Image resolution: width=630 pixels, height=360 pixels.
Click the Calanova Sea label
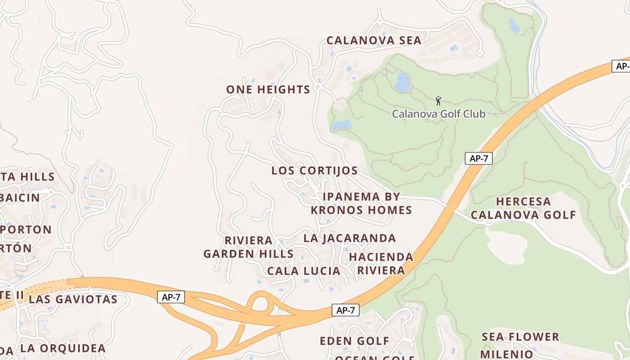click(373, 40)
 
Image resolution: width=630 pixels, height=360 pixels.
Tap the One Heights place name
click(268, 90)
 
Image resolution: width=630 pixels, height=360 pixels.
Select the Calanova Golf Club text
click(439, 114)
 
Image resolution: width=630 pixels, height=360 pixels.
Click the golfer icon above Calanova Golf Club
click(439, 100)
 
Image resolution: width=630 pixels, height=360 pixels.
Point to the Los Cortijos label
click(315, 171)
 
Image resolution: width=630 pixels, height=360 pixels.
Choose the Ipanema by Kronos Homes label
click(361, 203)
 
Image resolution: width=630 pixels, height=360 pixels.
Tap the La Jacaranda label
click(350, 238)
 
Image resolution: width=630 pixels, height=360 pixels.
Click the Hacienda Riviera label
click(381, 263)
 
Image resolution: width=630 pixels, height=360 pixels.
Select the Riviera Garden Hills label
click(248, 247)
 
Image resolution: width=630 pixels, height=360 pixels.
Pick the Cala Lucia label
click(304, 271)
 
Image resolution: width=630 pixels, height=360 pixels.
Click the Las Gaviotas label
click(73, 299)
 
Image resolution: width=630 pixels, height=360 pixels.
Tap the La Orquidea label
click(63, 348)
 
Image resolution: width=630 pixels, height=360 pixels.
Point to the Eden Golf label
click(354, 341)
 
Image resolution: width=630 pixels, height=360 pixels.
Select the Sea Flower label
click(520, 337)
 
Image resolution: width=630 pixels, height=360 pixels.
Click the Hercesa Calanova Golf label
click(523, 208)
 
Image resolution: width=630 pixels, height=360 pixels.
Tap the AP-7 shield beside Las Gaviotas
click(171, 297)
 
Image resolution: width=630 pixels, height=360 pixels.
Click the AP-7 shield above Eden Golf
click(346, 310)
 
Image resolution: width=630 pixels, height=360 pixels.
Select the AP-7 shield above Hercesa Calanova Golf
click(479, 158)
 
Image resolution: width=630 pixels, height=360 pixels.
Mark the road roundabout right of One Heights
click(318, 86)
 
